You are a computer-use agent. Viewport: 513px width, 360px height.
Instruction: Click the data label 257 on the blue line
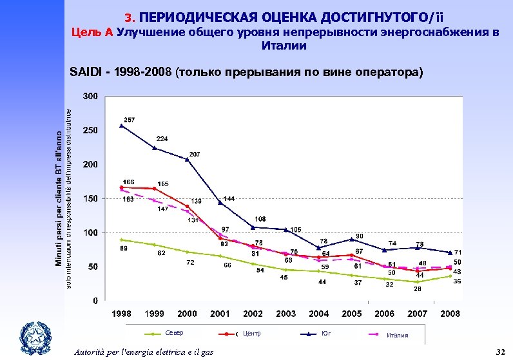130,120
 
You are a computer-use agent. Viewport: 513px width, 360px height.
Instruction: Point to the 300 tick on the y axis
91,97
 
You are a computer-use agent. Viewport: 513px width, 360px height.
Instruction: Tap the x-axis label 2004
318,314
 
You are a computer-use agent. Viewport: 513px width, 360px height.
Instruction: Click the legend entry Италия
397,335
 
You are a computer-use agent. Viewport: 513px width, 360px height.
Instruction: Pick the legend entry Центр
251,334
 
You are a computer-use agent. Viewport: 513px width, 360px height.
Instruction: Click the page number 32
498,351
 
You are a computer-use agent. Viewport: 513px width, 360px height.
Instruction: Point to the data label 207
195,154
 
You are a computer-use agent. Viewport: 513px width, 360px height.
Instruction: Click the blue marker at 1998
121,126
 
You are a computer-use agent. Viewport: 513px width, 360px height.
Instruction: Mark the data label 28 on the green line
418,289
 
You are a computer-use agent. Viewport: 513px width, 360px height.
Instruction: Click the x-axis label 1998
121,314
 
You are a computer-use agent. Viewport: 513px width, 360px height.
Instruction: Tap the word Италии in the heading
284,46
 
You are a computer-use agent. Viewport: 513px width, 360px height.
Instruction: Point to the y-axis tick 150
91,199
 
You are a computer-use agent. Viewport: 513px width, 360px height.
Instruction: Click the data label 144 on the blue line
228,198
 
